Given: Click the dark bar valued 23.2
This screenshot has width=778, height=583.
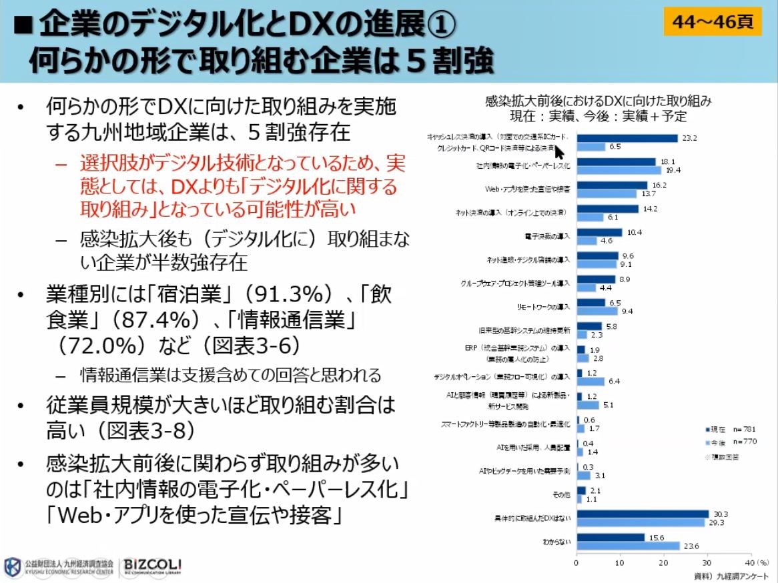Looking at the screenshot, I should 627,138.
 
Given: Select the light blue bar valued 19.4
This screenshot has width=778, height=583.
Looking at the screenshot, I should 619,171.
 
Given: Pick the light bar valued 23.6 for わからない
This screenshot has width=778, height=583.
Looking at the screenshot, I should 627,546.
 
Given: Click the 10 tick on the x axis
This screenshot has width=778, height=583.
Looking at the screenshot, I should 620,562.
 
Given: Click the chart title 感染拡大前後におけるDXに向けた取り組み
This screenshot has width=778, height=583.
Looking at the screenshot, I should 598,101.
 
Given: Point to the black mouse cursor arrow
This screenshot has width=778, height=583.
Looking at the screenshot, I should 559,150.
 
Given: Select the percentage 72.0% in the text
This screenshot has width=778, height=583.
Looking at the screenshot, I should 97,346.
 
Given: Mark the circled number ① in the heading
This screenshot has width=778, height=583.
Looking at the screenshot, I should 438,25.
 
